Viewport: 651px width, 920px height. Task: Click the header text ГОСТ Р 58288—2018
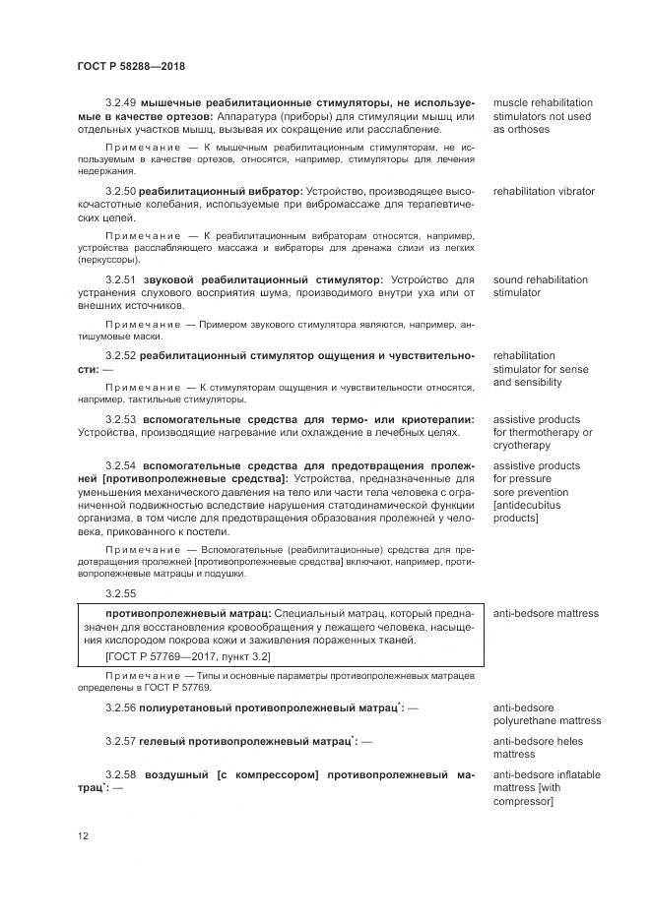(130, 66)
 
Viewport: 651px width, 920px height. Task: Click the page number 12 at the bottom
(82, 835)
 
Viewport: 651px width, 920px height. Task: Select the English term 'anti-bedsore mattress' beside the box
(546, 613)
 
